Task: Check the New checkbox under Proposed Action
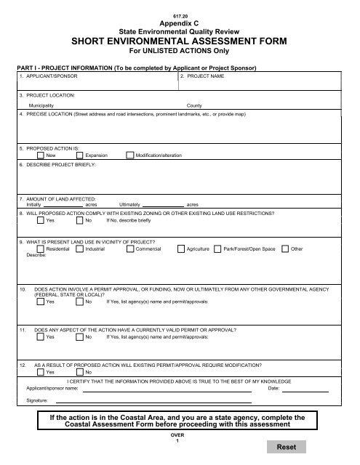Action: tap(40, 155)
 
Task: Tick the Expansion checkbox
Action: tap(79, 155)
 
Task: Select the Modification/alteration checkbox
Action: tap(129, 155)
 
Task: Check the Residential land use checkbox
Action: tap(40, 249)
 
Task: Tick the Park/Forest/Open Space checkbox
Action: tap(217, 249)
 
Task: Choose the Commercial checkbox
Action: tap(129, 249)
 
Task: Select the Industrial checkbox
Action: tap(79, 249)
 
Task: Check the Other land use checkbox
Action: tap(284, 249)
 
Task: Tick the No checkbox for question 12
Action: tap(79, 371)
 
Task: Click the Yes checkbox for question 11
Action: tap(40, 337)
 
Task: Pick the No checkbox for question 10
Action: tap(79, 302)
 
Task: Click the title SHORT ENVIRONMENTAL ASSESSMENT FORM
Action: tap(179, 42)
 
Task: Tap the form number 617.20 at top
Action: tap(179, 15)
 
